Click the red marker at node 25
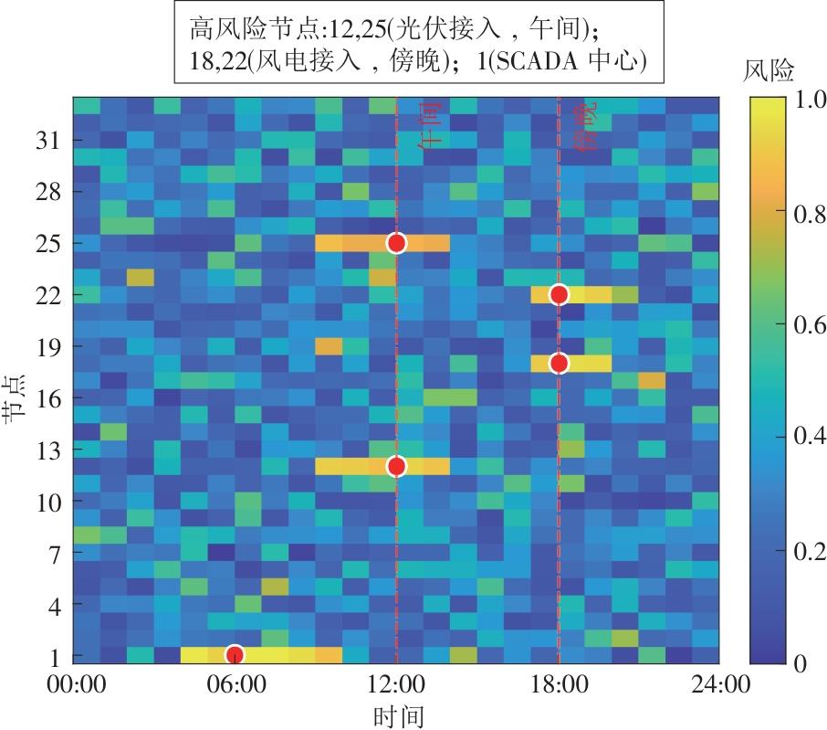click(396, 243)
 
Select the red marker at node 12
click(396, 467)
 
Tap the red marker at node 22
click(559, 294)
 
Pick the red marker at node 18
click(559, 364)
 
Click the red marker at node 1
click(235, 654)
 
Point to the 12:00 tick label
click(396, 684)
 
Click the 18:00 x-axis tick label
click(559, 684)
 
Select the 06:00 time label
click(235, 684)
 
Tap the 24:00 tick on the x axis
click(719, 684)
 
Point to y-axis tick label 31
click(47, 141)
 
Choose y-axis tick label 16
click(47, 398)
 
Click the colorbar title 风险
click(769, 70)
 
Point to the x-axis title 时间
click(397, 714)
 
